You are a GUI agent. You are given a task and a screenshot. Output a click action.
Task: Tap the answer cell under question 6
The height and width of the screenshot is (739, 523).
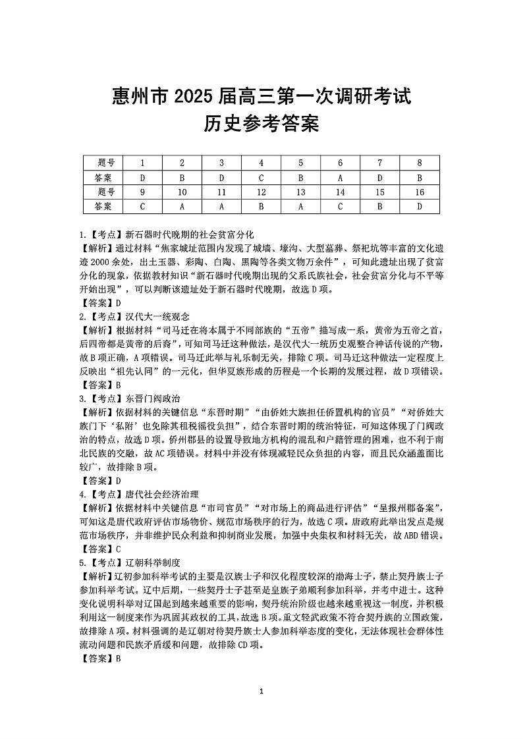341,178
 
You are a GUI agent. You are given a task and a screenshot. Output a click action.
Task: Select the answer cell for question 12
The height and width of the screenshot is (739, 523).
261,206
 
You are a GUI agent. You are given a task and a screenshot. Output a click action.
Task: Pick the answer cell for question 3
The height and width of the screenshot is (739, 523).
222,178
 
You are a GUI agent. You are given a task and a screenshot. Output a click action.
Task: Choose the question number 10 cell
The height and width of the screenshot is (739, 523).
182,192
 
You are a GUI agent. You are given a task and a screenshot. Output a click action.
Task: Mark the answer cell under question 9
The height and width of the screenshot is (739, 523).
143,206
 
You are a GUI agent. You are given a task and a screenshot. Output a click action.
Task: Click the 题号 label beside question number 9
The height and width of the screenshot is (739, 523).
103,192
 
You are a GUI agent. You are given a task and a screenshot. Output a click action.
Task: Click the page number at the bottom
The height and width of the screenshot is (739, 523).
262,691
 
